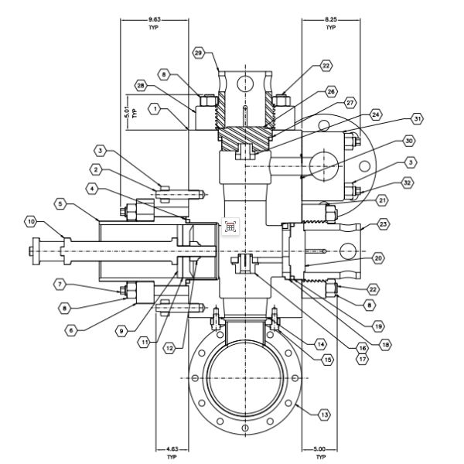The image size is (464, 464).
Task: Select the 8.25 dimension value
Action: [x=330, y=18]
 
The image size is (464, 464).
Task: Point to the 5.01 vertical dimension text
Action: [x=126, y=113]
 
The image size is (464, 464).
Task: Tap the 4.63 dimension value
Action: [x=172, y=449]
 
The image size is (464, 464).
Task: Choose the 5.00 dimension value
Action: [x=319, y=449]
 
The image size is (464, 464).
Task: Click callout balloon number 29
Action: [x=198, y=53]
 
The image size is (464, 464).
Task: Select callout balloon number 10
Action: [x=31, y=222]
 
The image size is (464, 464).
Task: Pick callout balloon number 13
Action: [x=323, y=415]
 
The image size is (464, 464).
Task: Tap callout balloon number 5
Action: [x=61, y=204]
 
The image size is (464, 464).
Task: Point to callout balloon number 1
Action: [x=155, y=110]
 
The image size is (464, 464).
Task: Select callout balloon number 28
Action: [x=140, y=85]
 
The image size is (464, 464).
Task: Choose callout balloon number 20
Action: [x=379, y=258]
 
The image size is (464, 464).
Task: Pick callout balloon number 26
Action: [x=331, y=91]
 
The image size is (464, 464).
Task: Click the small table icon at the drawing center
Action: [x=230, y=227]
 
